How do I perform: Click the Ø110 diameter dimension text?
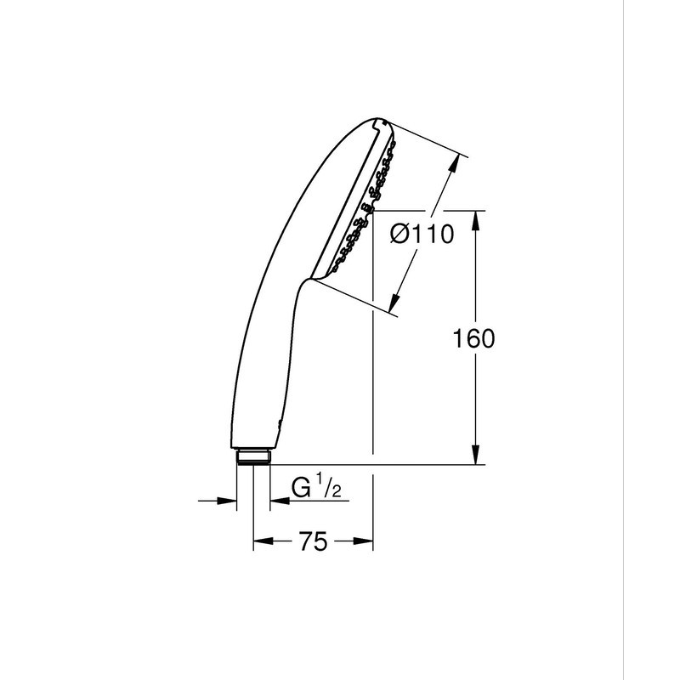421,235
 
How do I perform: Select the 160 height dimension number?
473,338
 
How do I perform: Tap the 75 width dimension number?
313,541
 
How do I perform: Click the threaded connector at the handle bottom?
253,456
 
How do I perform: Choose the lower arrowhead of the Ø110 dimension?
395,302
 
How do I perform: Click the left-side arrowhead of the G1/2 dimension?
230,501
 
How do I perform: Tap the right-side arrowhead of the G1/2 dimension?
276,501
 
